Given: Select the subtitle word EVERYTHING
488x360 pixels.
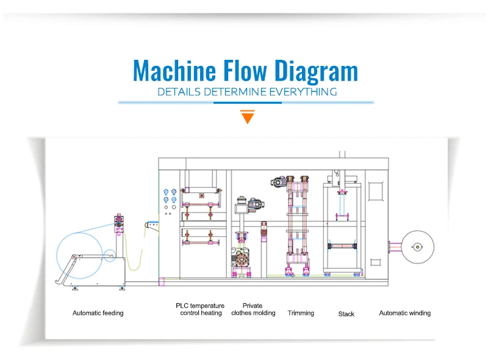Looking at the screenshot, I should [x=303, y=92].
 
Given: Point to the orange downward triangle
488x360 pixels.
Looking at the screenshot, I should [x=247, y=116].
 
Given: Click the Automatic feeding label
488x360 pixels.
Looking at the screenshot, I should [x=98, y=313].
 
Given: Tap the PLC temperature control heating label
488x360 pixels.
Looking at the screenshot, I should [x=201, y=309].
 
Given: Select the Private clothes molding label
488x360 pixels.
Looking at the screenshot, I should [x=253, y=309].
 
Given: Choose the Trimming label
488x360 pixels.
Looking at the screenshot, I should [x=301, y=313].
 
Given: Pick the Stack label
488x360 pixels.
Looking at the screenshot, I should [x=346, y=314].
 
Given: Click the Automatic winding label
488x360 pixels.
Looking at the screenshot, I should [x=404, y=313].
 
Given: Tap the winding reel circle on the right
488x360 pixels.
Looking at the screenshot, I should [x=417, y=247].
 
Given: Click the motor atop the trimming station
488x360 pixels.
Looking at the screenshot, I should [x=279, y=181].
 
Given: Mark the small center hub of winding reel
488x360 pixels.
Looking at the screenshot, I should [x=417, y=247].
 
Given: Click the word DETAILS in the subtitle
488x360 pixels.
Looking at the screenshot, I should [x=176, y=92].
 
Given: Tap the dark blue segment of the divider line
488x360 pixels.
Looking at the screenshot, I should [x=247, y=103].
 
